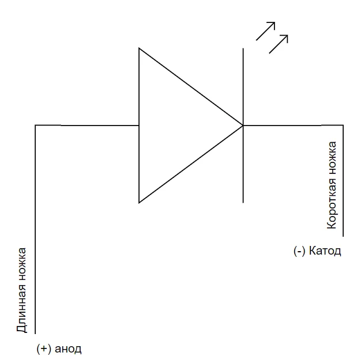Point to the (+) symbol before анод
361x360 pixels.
(x=43, y=349)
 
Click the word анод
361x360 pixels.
(x=69, y=349)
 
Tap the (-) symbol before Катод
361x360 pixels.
(x=299, y=251)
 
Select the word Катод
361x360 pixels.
(x=325, y=251)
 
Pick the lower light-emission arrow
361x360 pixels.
(x=279, y=44)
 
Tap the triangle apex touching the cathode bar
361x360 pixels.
(x=242, y=125)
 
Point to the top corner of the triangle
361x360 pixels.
(x=139, y=48)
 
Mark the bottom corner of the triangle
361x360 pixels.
(x=139, y=202)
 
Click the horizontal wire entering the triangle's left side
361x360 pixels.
(x=87, y=125)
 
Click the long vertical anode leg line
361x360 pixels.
(x=36, y=230)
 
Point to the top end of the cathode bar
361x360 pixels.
(x=243, y=49)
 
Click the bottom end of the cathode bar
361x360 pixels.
(x=243, y=202)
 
